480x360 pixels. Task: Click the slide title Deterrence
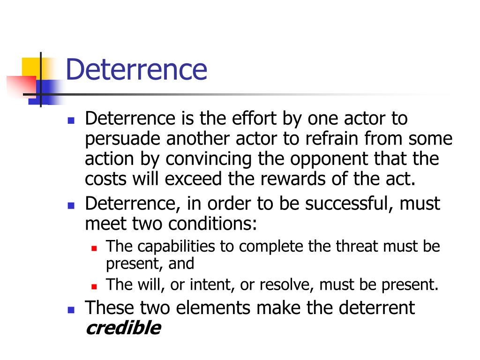coord(136,69)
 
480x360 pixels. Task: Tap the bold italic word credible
coord(123,328)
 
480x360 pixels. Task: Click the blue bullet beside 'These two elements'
coord(71,309)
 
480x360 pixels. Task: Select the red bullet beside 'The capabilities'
coord(94,247)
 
